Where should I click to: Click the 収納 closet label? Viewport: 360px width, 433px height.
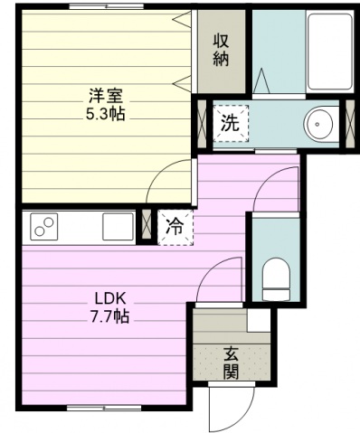tap(222, 51)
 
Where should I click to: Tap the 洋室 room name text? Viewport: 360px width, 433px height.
tap(106, 96)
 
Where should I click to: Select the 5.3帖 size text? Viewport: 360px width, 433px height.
tap(106, 115)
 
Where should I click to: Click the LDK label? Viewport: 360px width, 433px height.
tap(109, 298)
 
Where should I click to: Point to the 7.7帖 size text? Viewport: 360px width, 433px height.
tap(109, 316)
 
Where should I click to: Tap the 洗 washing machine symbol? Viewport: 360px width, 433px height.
tap(231, 124)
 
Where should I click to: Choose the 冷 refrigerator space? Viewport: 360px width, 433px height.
tap(175, 227)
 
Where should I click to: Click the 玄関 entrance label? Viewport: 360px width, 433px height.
tap(231, 362)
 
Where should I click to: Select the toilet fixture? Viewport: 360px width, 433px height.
tap(276, 278)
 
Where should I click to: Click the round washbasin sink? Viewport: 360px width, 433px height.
tap(318, 124)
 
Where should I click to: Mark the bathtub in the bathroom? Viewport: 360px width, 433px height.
tap(330, 52)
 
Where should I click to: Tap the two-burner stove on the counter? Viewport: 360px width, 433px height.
tap(44, 227)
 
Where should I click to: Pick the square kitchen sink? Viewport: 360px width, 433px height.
tap(118, 227)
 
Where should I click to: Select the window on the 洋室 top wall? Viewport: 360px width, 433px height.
tap(106, 6)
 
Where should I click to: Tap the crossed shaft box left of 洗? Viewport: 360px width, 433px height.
tap(202, 124)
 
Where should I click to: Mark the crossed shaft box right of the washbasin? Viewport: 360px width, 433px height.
tap(350, 124)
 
